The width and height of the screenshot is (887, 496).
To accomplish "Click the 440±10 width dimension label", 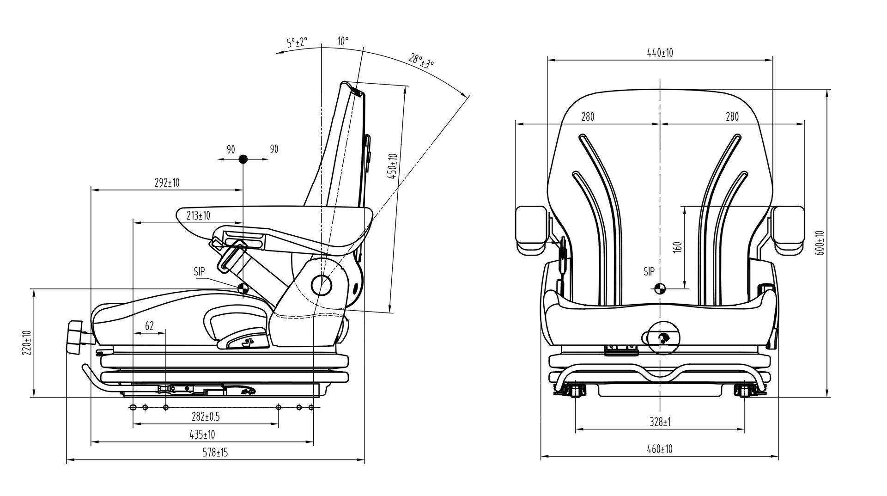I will click(660, 53).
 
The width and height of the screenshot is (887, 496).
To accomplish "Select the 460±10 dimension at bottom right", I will click(659, 449).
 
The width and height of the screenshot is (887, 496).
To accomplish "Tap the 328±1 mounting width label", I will click(660, 422).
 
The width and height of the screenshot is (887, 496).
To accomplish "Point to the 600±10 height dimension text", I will click(820, 242).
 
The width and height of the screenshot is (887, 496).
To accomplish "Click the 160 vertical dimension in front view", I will click(678, 246).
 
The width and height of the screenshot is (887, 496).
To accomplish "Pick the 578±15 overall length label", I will click(216, 452).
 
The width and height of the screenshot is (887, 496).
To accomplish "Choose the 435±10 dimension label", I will click(202, 435).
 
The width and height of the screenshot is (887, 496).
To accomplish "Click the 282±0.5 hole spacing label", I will click(206, 416).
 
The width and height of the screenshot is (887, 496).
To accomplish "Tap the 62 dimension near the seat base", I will click(149, 326).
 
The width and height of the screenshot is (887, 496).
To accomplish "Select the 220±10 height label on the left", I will click(26, 343).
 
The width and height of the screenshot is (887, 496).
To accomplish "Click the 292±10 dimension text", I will click(167, 183).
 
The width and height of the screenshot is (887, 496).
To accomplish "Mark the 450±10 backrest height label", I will click(393, 166).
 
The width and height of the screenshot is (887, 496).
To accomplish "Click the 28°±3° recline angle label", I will click(421, 61).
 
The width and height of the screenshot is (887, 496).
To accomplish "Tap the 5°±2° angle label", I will click(297, 43).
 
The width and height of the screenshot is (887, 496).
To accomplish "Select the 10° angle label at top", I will click(343, 41).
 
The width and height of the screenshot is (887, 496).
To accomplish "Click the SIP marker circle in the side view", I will click(243, 289).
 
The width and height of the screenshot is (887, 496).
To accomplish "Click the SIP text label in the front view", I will click(649, 272).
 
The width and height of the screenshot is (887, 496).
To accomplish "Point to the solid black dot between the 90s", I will click(243, 159).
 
